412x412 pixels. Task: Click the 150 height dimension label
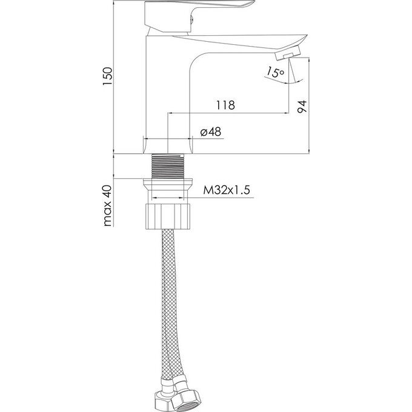pos(107,76)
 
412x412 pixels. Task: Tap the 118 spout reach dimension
pos(225,105)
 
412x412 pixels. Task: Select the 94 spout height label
pos(302,107)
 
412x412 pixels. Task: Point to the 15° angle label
pos(275,72)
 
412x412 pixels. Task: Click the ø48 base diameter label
pos(211,131)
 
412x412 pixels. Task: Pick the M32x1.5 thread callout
pos(227,190)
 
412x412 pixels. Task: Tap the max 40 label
pos(108,206)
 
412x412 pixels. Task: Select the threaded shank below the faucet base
pos(168,167)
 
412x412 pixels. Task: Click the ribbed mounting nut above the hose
pos(168,216)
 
